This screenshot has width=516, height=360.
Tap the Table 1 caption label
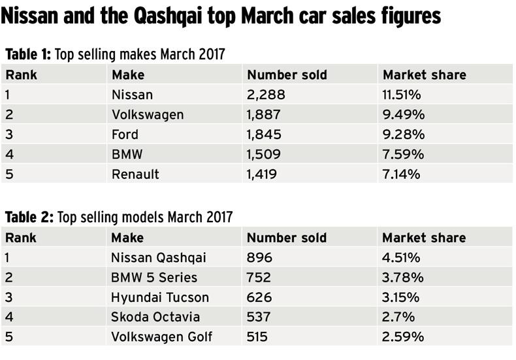(x=29, y=54)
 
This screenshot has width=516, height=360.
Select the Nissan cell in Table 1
(x=132, y=95)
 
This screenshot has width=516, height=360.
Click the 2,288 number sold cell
(x=266, y=95)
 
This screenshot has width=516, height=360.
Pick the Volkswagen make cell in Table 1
(x=148, y=114)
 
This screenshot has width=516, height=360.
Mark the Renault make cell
(x=136, y=174)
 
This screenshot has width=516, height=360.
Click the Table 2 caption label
(x=31, y=217)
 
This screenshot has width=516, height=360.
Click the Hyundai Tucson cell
(x=161, y=297)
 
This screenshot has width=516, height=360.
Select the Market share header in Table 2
(x=424, y=237)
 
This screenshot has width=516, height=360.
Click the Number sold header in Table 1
(x=287, y=74)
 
